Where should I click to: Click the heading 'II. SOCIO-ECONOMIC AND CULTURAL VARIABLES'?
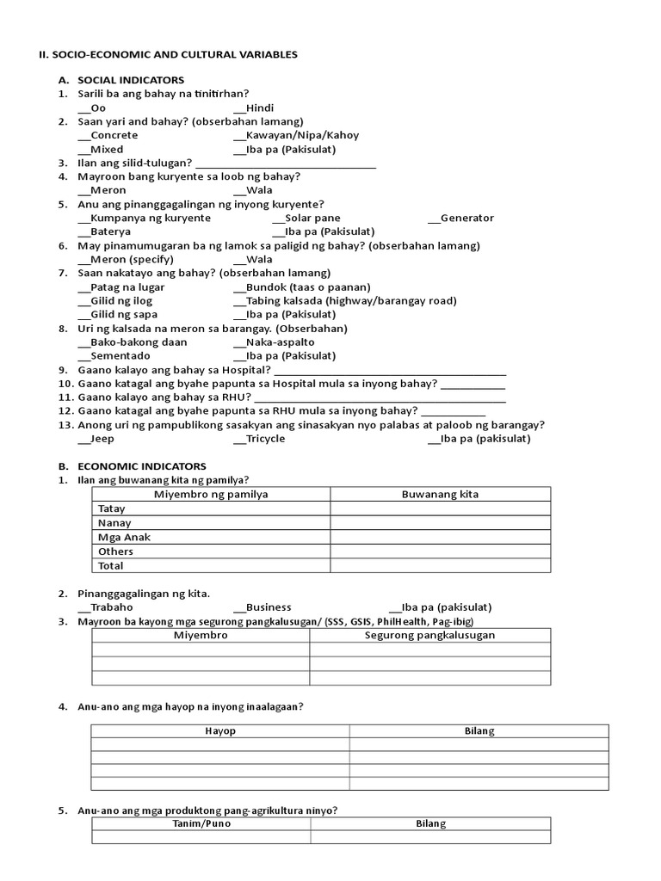point(168,54)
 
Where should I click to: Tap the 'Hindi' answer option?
point(253,108)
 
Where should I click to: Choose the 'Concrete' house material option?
point(108,135)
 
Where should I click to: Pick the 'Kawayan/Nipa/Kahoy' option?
point(296,135)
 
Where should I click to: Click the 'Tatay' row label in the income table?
point(112,508)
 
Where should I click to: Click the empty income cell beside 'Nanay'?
point(440,522)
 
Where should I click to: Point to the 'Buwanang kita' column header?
point(440,494)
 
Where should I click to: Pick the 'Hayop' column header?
point(220,730)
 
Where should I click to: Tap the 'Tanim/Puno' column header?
point(201,823)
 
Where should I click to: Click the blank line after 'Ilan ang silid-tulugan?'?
point(286,163)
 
